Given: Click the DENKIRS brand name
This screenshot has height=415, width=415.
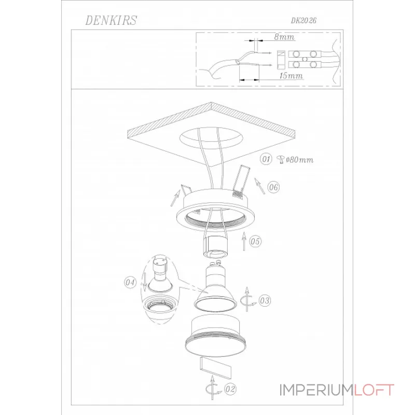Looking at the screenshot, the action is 111,20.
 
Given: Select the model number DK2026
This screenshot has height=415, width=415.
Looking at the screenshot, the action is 303,20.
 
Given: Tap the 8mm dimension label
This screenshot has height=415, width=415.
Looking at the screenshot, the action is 284,36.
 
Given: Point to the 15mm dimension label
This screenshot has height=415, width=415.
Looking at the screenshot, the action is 291,76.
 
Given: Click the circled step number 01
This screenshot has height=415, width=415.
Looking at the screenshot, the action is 266,159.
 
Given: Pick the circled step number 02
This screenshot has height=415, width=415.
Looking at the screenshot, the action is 230,389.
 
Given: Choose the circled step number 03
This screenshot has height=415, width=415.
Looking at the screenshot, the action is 265,301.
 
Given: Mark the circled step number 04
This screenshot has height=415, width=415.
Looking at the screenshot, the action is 130,282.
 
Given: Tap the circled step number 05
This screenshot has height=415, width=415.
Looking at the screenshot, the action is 255,241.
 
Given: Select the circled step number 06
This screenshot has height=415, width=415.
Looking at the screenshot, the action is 273,187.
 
